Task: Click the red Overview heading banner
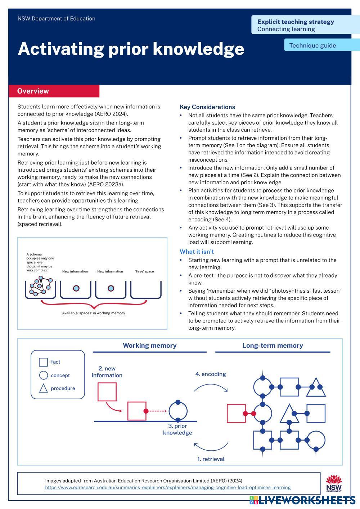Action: coord(54,91)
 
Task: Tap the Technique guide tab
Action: coord(312,45)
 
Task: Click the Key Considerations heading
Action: coord(207,107)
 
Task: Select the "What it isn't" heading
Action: coord(197,252)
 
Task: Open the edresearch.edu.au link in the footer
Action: coord(168,487)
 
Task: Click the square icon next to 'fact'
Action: coord(43,362)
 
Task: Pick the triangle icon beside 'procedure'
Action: coord(43,388)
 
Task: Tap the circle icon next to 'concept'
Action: coord(43,375)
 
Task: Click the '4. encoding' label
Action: coord(211,374)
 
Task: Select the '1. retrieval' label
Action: coord(211,459)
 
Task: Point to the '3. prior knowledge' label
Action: coord(177,429)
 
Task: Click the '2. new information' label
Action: coord(107,372)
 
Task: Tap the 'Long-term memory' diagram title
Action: coord(273,346)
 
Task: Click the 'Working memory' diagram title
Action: coord(149,346)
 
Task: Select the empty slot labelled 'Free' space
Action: coord(145,289)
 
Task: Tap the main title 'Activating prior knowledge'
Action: coord(131,49)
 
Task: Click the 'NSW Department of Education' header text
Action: coord(56,18)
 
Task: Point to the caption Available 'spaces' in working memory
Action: coord(94,313)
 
